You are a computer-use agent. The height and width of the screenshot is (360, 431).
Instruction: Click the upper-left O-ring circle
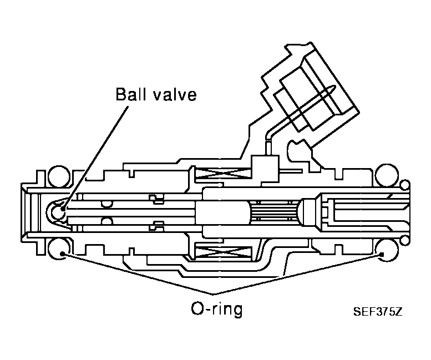[x=59, y=176]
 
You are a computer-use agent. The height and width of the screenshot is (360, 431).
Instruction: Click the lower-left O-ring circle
[x=59, y=249]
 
